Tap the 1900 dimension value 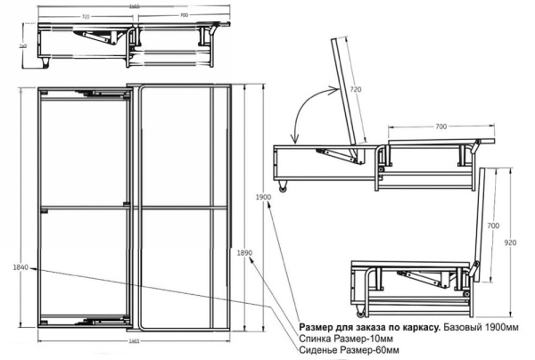coord(261,196)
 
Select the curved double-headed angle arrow coord(310,110)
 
